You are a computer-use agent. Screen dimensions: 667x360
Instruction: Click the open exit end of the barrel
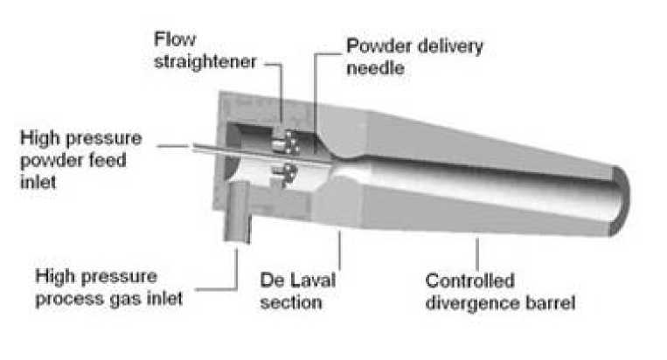tap(619, 200)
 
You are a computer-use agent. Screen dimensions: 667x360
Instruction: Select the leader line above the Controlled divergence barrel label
tap(478, 253)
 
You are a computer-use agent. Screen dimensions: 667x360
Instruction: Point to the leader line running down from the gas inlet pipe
tap(236, 267)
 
